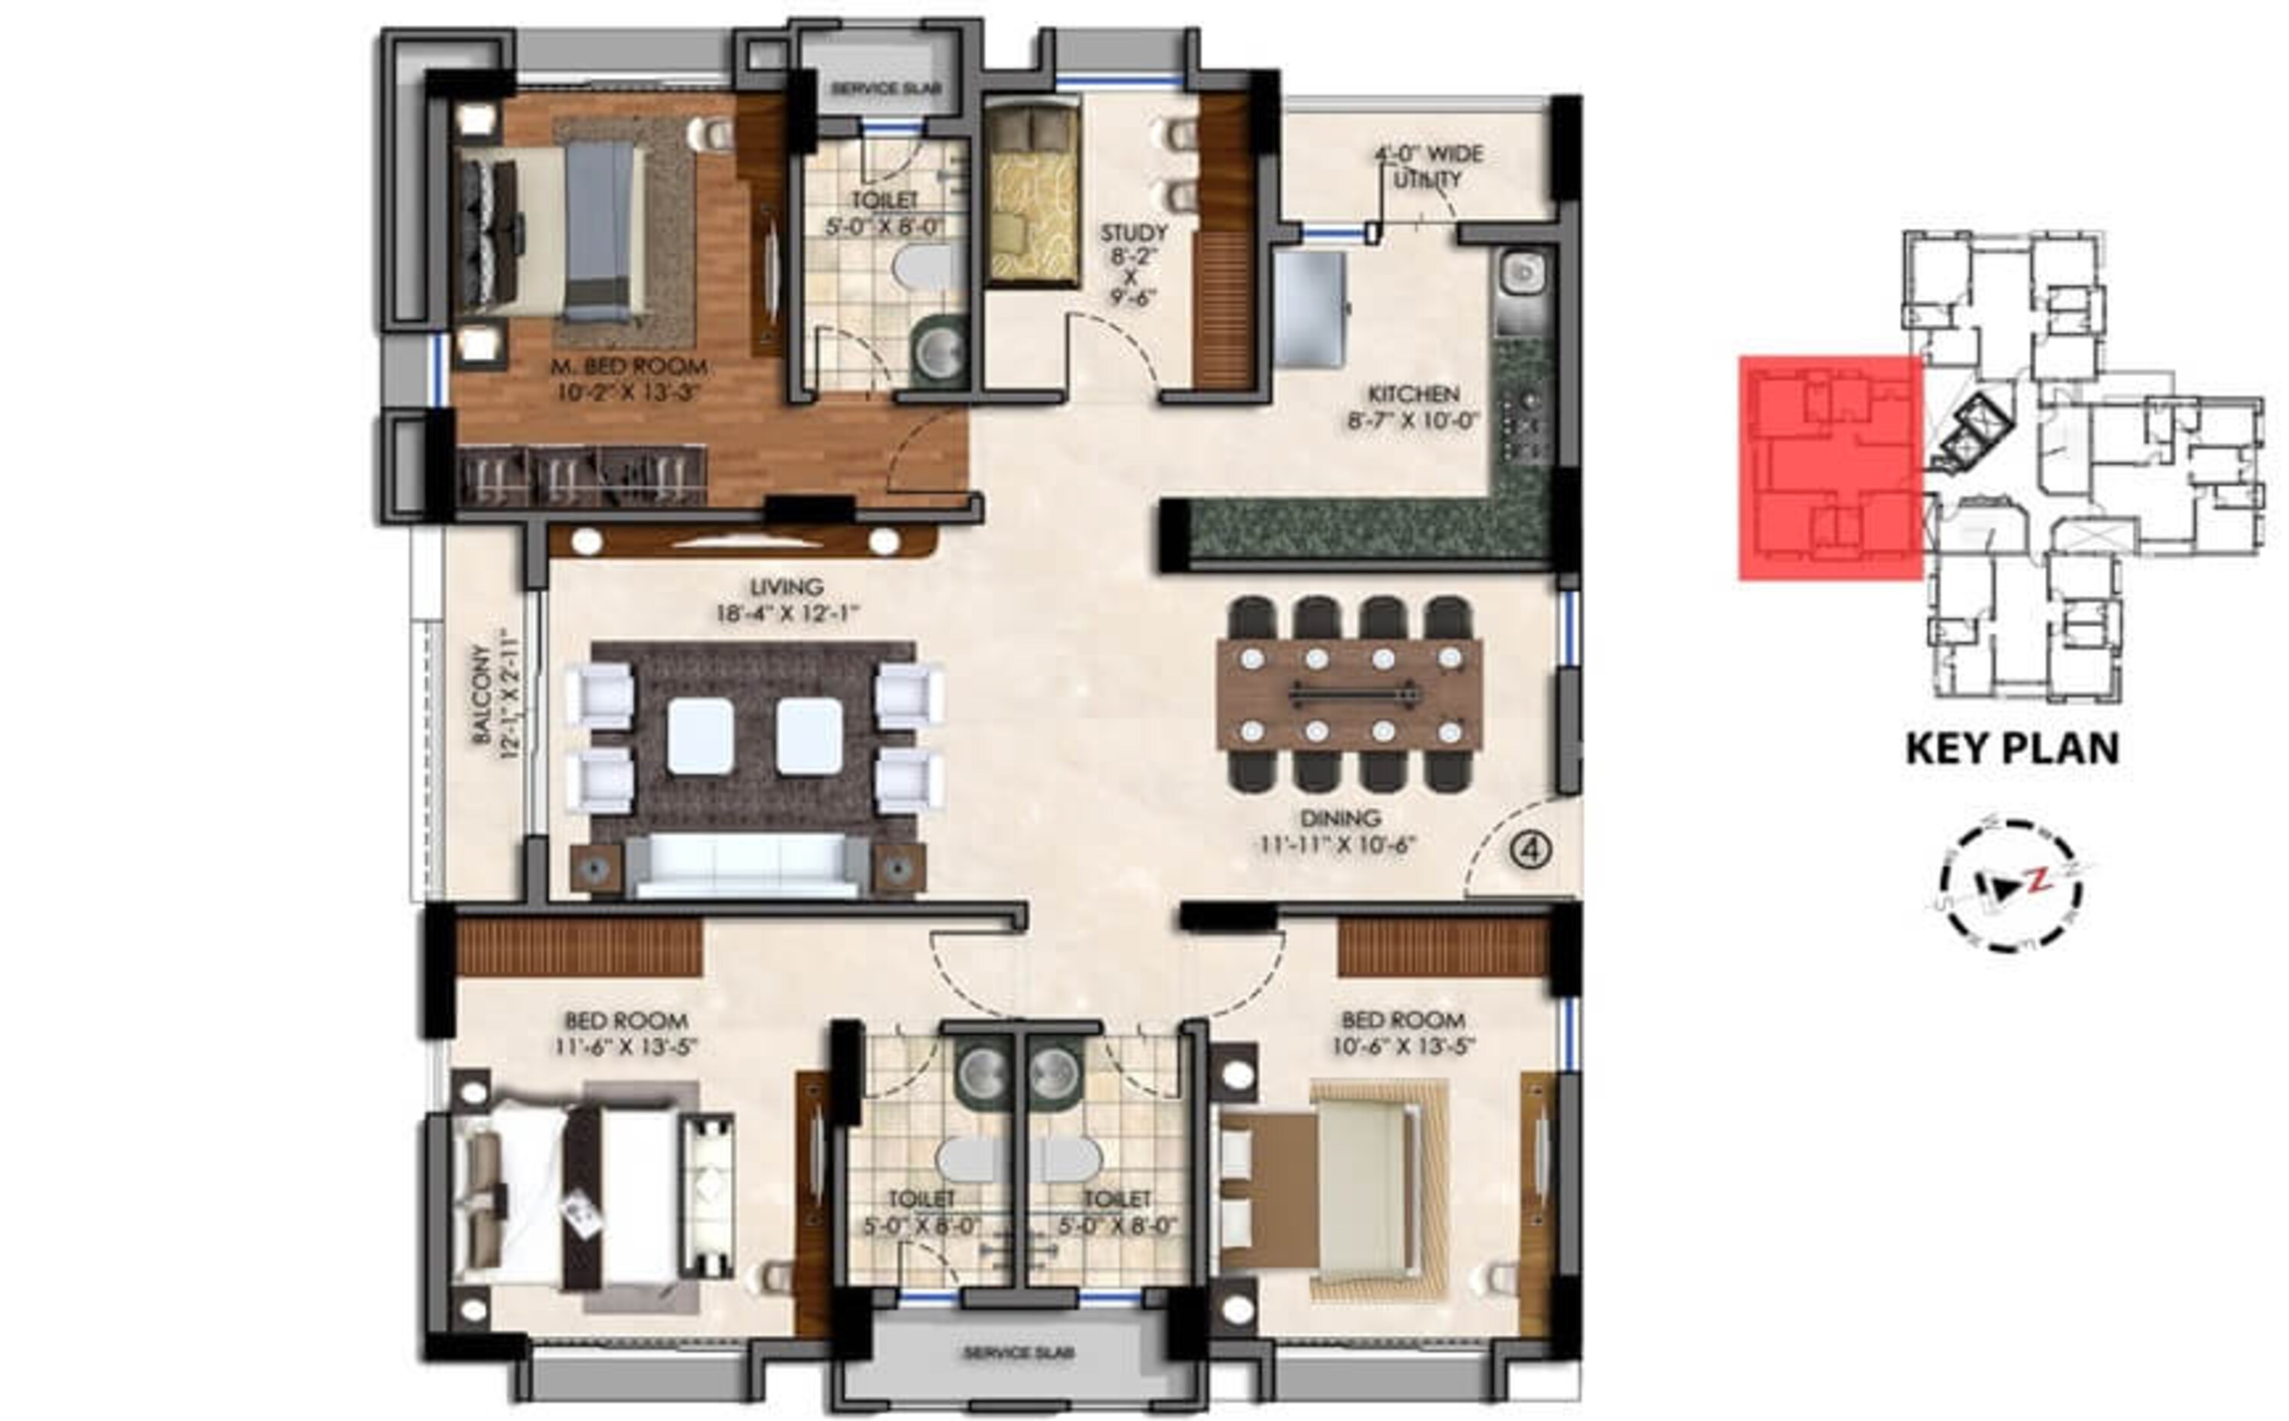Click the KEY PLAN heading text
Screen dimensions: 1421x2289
click(2012, 749)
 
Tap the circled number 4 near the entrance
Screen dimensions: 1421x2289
click(1531, 850)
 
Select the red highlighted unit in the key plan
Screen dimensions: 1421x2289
click(1830, 467)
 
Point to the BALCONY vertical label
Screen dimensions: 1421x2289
click(494, 694)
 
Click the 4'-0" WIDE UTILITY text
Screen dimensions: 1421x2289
click(1428, 166)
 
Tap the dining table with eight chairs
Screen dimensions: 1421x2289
click(1349, 694)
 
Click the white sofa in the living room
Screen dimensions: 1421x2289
click(747, 865)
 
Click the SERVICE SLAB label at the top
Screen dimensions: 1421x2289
click(886, 89)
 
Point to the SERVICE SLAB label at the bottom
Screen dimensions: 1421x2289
click(1018, 1353)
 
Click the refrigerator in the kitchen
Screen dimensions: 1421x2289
click(1310, 309)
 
